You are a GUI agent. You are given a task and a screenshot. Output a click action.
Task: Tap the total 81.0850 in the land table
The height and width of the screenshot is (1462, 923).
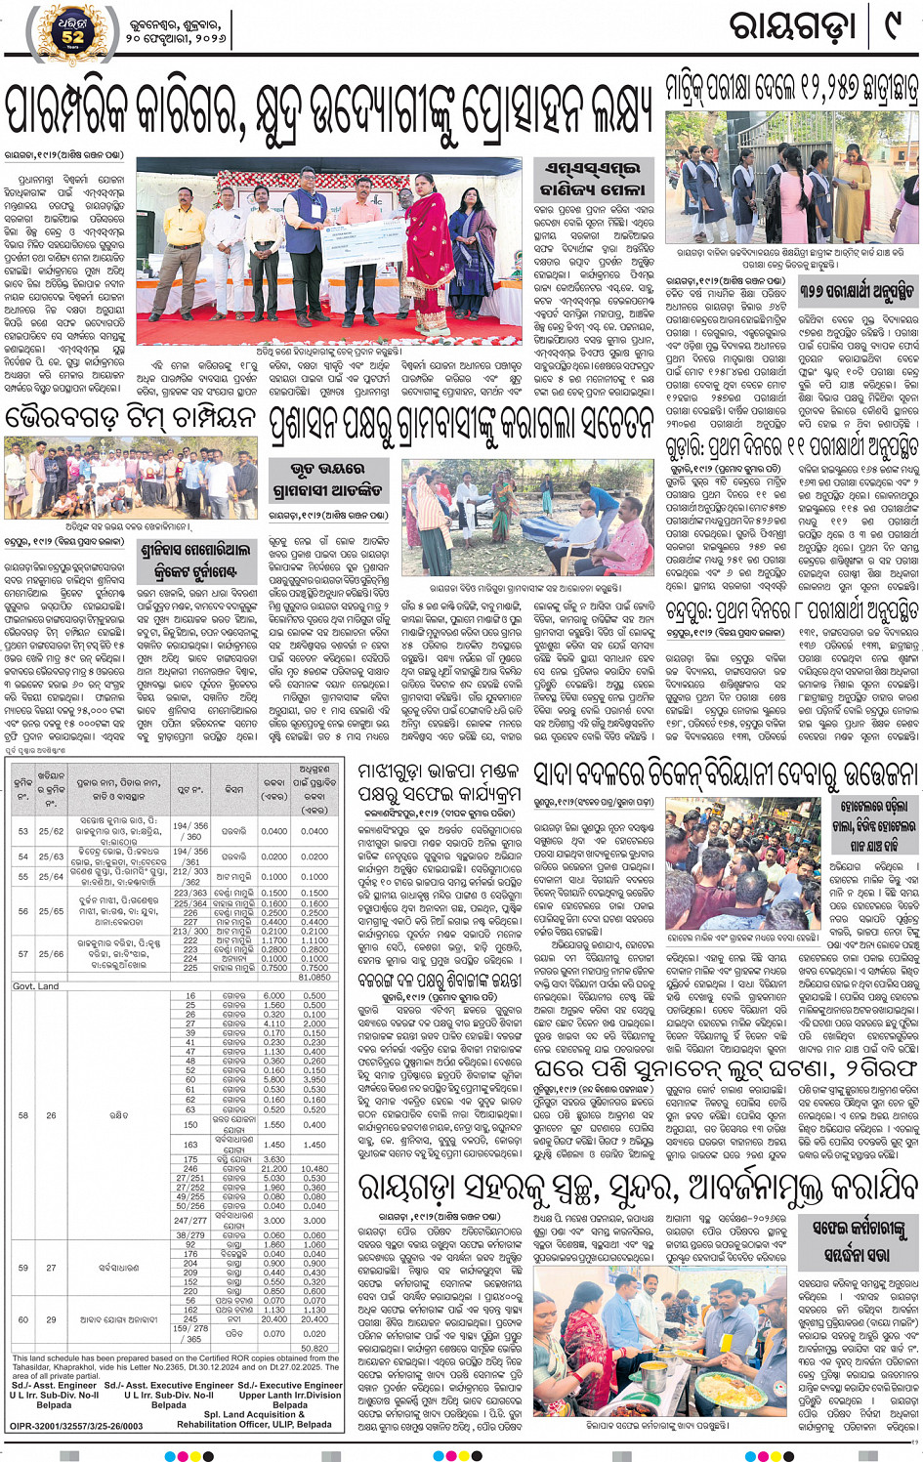click(315, 977)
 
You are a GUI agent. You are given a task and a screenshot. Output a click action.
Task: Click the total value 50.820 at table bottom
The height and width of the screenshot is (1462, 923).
click(315, 1349)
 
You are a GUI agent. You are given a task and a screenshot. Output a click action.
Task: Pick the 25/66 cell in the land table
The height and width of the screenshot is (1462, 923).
click(51, 954)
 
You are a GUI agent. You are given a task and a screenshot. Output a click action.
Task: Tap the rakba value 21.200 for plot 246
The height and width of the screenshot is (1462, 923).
click(274, 1168)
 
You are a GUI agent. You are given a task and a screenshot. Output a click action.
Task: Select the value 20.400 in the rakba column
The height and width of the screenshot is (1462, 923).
click(274, 1319)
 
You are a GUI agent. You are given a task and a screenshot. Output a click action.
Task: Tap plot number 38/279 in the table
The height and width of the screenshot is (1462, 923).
click(190, 1235)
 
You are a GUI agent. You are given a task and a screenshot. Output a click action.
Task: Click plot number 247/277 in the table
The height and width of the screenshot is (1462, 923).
click(190, 1220)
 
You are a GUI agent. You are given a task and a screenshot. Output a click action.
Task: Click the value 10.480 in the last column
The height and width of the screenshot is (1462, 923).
click(315, 1168)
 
